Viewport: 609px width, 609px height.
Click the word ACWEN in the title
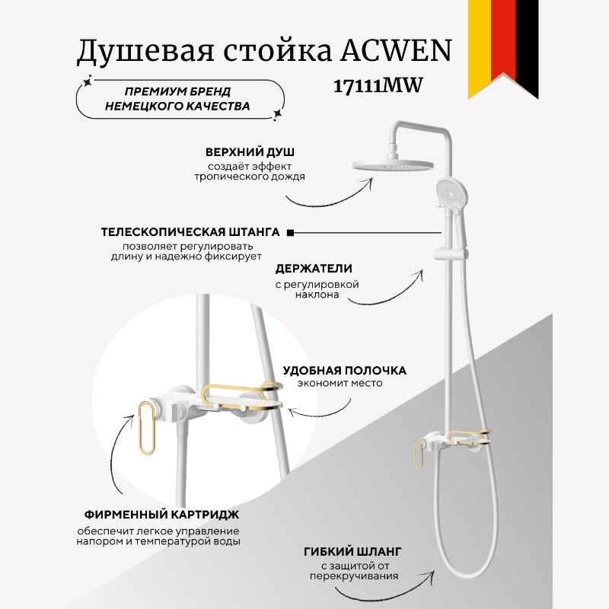click(400, 53)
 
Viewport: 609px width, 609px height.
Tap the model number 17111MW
click(378, 86)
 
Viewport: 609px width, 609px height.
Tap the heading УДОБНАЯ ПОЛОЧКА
click(344, 371)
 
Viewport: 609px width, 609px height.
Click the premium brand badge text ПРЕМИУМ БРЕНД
click(177, 91)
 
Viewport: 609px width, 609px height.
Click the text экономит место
click(340, 384)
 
